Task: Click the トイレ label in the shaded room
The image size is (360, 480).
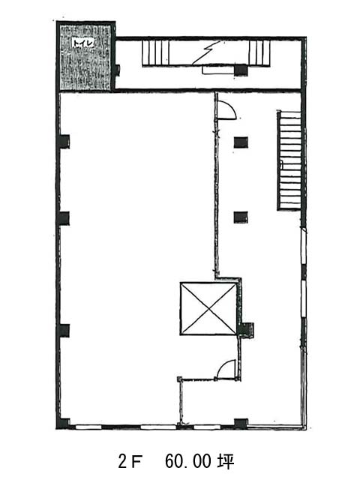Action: tap(82, 43)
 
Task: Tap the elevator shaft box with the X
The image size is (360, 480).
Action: tap(208, 308)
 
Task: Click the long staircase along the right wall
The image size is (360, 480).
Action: tap(289, 160)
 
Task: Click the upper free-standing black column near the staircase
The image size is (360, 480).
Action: tap(241, 142)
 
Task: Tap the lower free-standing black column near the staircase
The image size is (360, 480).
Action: tap(241, 217)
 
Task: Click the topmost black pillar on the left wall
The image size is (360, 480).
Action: tap(64, 142)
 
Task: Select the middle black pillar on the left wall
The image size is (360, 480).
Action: tap(63, 218)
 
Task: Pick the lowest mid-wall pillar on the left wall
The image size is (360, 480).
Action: tap(63, 331)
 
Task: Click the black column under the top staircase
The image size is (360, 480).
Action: tap(241, 70)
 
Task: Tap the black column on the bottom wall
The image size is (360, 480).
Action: tap(241, 424)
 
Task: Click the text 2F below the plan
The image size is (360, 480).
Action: tap(130, 462)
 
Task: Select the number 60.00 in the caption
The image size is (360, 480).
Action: tap(187, 462)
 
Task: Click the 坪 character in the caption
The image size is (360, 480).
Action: tap(226, 462)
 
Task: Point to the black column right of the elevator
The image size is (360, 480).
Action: tap(247, 330)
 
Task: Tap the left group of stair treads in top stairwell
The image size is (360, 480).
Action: tap(155, 52)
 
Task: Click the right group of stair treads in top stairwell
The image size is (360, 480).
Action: tap(259, 52)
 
